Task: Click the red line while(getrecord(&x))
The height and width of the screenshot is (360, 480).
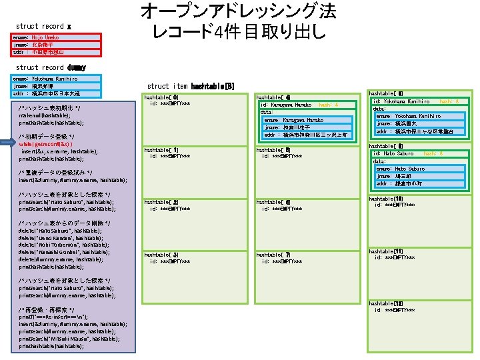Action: (x=46, y=144)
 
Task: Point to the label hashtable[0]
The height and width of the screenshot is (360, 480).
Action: (x=161, y=97)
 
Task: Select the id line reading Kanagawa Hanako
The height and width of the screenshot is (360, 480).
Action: (x=287, y=105)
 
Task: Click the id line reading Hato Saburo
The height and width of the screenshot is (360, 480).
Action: (x=394, y=153)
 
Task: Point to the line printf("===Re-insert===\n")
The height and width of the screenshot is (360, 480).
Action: (x=59, y=317)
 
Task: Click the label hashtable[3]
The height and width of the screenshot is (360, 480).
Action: (x=161, y=255)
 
